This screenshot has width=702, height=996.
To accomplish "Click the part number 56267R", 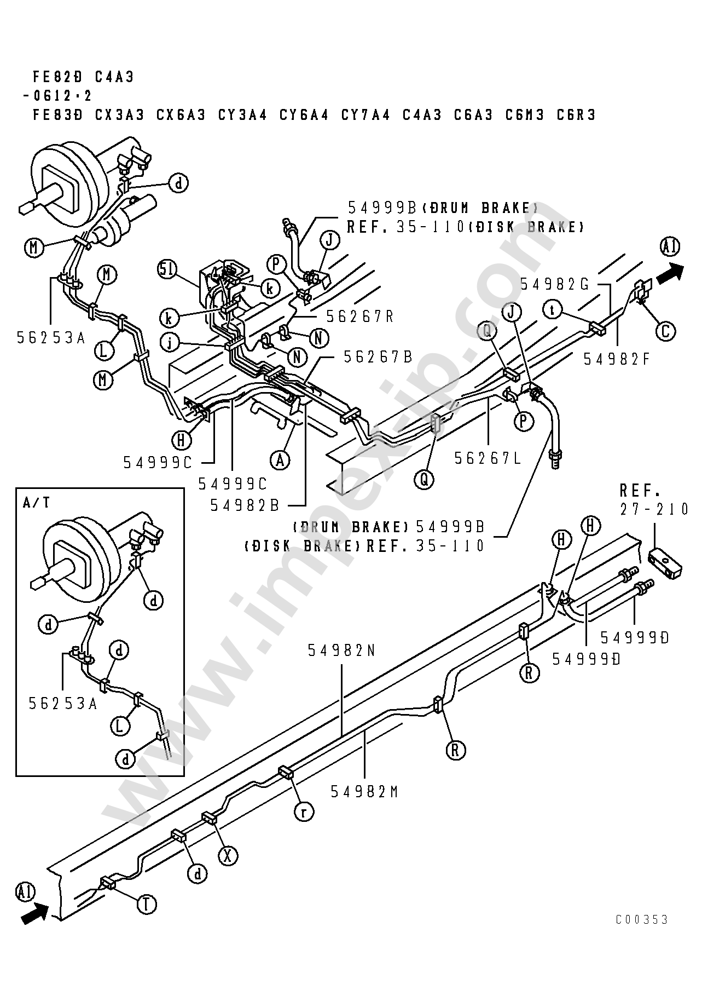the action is click(360, 317).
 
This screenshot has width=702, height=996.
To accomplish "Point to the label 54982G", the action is click(554, 284).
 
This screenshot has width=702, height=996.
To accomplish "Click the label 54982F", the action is click(617, 359).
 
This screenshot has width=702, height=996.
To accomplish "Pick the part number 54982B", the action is click(245, 505).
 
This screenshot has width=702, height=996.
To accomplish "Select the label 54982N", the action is click(341, 650).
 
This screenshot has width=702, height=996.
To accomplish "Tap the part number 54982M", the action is click(364, 792).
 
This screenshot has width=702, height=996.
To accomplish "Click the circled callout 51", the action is click(169, 270).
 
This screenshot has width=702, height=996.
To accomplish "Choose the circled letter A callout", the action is click(281, 460).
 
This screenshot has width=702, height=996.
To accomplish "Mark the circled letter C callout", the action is click(666, 331).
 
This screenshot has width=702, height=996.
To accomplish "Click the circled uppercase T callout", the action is click(147, 904).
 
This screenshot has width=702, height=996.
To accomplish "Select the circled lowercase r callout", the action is click(304, 811).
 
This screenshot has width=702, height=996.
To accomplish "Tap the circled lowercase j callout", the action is click(170, 343).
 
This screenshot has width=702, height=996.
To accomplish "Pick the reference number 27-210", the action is click(654, 509).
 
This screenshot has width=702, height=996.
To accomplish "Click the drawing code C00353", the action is click(642, 919).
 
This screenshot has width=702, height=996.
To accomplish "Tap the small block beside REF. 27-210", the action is click(665, 563).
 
